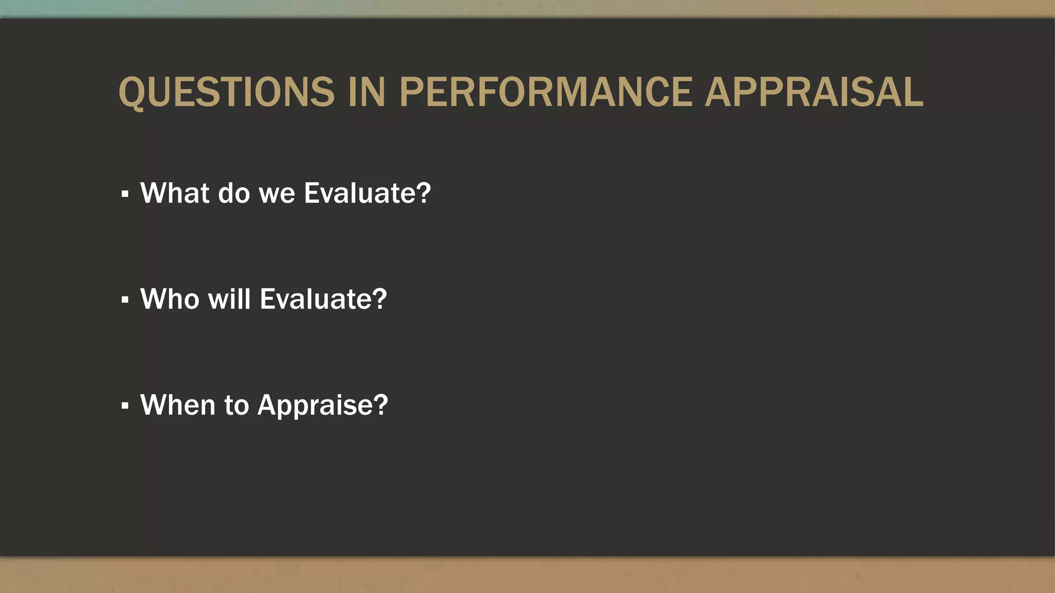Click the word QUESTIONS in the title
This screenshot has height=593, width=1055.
coord(227,93)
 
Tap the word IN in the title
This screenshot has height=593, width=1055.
coord(367,93)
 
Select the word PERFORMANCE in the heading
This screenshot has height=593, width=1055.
coord(546,93)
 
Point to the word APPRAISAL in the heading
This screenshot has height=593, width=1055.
coord(814,93)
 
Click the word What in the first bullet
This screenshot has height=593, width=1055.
coord(175,193)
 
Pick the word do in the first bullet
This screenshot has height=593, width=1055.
coord(234,193)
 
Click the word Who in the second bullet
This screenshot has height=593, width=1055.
coord(169,299)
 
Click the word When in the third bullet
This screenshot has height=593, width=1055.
coord(177,405)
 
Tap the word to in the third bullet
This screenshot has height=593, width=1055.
coord(236,405)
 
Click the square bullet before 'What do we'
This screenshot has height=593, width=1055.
coord(125,194)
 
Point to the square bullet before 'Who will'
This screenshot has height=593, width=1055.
coord(125,300)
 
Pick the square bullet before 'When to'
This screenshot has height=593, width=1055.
coord(125,406)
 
